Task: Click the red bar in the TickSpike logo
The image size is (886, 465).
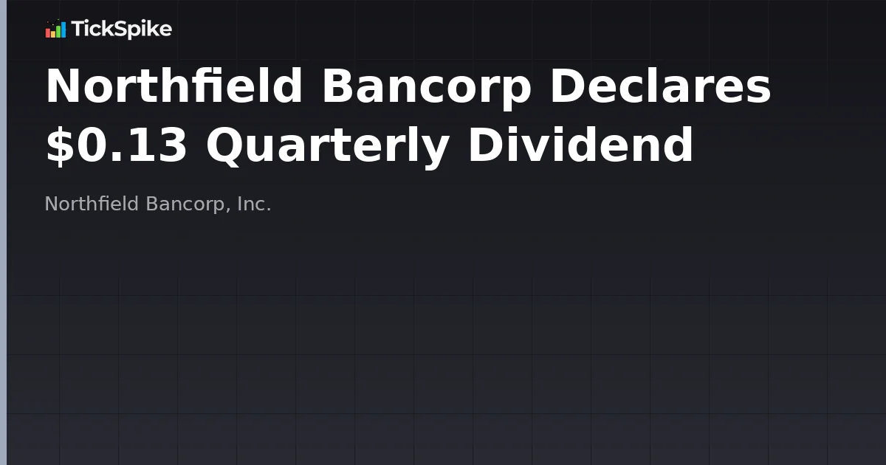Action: click(48, 33)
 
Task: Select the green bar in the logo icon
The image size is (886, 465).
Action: click(58, 31)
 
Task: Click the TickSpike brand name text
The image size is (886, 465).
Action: click(121, 30)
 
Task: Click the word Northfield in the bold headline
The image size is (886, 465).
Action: click(174, 86)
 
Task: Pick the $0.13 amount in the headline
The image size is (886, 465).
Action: click(117, 145)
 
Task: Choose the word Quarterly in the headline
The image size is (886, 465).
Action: click(328, 145)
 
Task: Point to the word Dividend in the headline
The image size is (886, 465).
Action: click(580, 145)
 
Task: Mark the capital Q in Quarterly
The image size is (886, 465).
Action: click(223, 145)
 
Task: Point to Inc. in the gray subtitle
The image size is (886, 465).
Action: click(255, 204)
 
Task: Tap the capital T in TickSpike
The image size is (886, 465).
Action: click(76, 30)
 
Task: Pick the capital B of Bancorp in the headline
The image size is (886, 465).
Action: click(337, 86)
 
